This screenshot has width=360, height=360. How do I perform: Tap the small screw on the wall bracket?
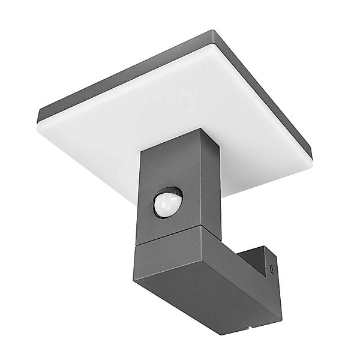coord(274,269)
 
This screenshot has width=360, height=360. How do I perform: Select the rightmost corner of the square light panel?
coord(312,153)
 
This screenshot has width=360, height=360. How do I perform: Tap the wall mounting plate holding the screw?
coord(264,264)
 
